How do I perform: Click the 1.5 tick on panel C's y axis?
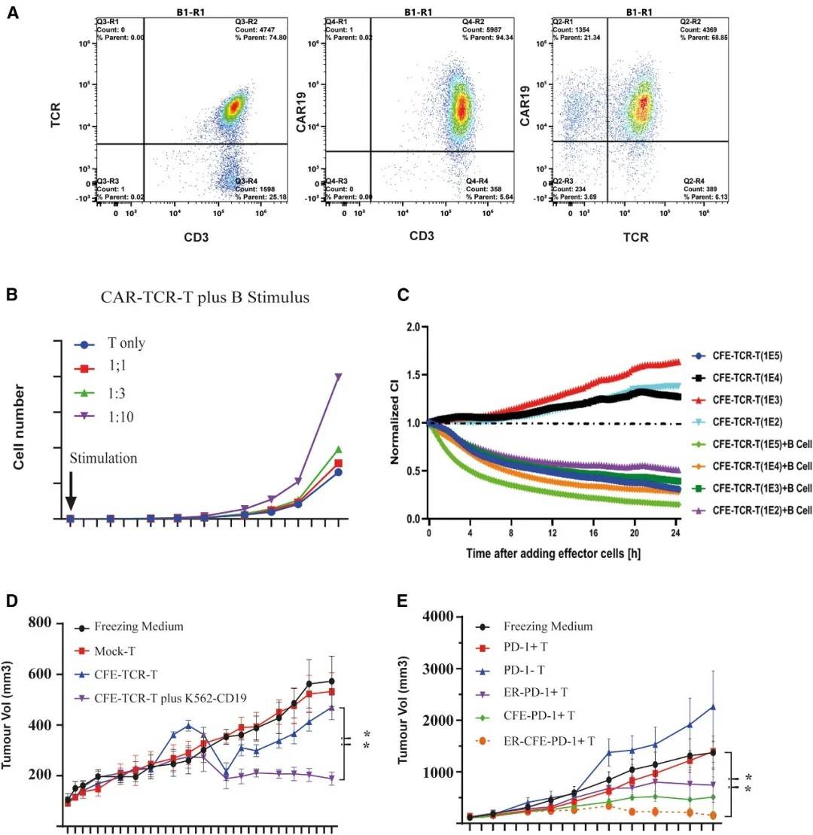pos(412,375)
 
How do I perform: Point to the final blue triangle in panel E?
pos(712,707)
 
